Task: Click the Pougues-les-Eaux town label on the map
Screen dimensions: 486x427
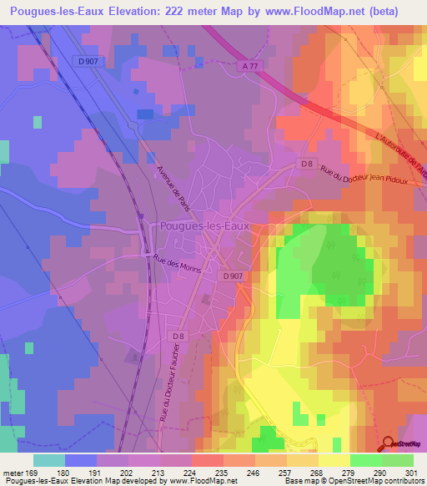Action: point(203,226)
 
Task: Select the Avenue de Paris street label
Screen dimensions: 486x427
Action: point(173,190)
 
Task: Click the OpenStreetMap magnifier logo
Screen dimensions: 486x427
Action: point(389,443)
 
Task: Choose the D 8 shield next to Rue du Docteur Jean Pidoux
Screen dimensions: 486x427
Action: point(307,165)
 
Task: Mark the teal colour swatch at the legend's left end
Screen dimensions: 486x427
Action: point(48,459)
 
